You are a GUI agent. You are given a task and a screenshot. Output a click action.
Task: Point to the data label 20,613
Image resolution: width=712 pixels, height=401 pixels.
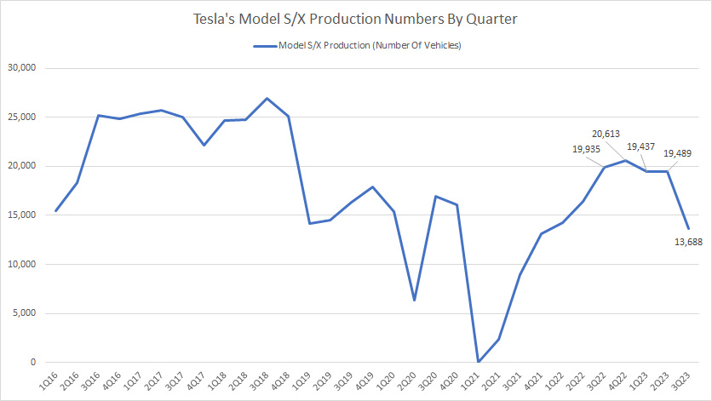coord(611,134)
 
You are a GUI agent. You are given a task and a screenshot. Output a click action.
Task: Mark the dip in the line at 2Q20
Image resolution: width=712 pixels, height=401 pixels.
coord(414,301)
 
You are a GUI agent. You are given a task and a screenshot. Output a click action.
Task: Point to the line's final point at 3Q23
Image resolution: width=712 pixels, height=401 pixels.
coord(687,228)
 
